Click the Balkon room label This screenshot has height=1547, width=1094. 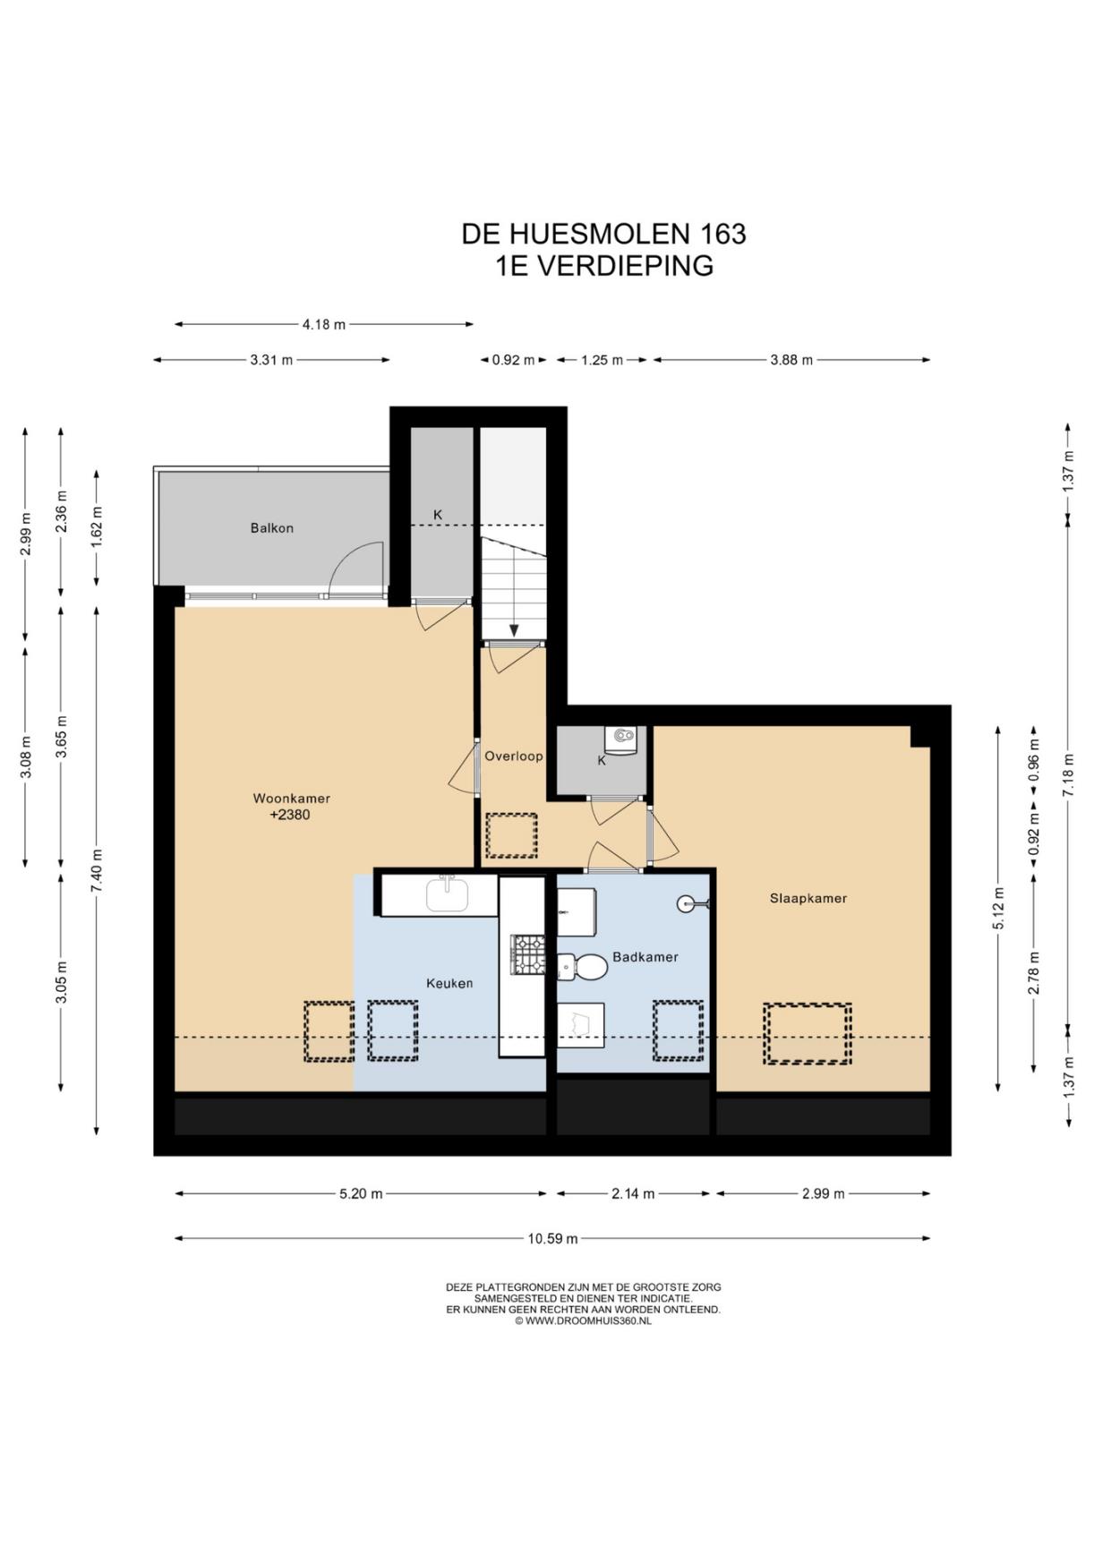[271, 528]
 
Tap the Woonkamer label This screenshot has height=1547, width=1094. [291, 799]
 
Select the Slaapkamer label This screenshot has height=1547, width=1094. [808, 898]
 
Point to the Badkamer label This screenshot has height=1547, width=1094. [645, 957]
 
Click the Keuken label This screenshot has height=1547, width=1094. [449, 983]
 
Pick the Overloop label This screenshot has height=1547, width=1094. [514, 756]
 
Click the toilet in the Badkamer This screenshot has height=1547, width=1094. [583, 967]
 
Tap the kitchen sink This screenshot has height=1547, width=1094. [449, 894]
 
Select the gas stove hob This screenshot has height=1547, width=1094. [527, 954]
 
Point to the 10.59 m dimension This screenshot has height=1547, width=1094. [552, 1239]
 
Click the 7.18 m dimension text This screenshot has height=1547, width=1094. [1068, 775]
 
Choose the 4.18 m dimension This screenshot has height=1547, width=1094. [323, 325]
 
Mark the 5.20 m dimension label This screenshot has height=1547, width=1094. [361, 1194]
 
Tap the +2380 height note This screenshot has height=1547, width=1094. [290, 815]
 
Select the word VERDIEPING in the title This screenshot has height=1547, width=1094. [626, 266]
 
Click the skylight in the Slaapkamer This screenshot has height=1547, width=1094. [808, 1034]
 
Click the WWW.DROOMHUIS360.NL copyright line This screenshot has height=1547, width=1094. [583, 1321]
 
